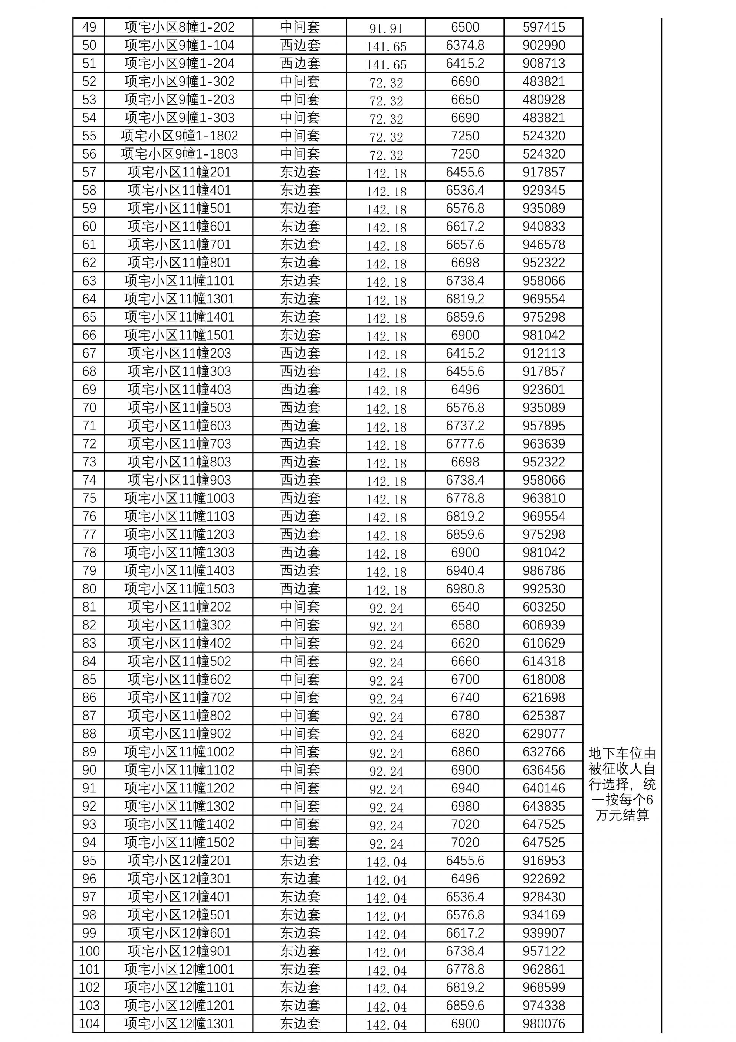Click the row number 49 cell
click(89, 27)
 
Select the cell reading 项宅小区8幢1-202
click(179, 27)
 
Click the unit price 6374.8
click(465, 45)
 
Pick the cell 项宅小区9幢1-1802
click(179, 136)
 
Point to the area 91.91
click(386, 28)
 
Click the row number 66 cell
click(89, 335)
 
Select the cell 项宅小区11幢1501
click(179, 335)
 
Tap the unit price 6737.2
click(465, 426)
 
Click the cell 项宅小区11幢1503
click(179, 589)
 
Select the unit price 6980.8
click(465, 589)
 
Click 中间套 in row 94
click(300, 842)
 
